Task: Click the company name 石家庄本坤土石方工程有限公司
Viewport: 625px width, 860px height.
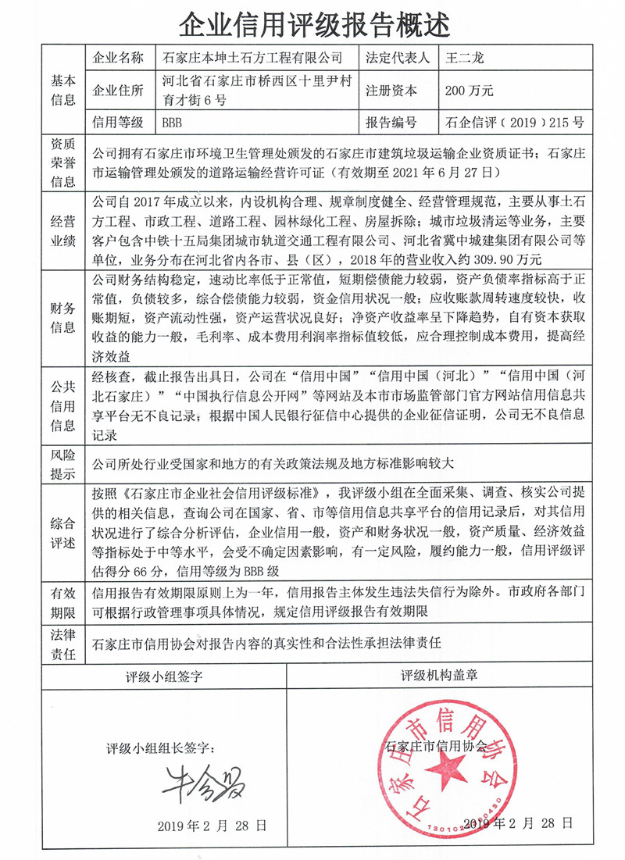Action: [x=252, y=57]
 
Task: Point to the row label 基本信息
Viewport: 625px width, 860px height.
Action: [x=63, y=90]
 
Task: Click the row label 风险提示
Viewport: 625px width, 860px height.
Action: [x=63, y=464]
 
